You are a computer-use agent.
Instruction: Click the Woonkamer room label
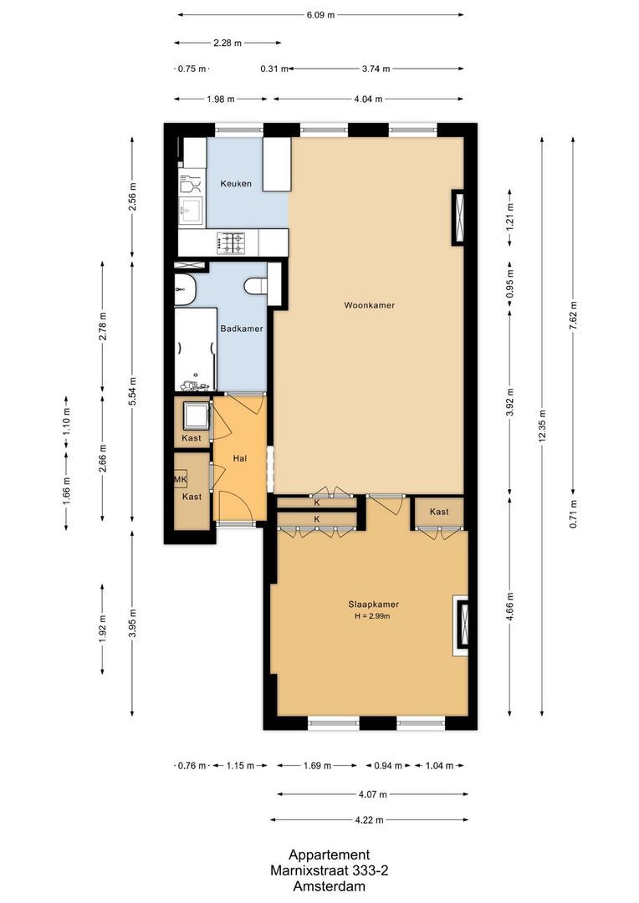369,305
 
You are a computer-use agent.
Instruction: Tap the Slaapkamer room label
373,605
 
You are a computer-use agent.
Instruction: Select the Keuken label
236,183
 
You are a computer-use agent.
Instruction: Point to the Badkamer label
242,329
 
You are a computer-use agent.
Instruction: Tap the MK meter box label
180,479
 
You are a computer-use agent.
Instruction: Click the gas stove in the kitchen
233,243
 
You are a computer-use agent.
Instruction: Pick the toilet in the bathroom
255,287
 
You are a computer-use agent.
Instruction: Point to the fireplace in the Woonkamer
459,217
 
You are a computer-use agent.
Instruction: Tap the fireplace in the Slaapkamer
461,625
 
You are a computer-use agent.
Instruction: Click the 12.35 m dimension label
543,426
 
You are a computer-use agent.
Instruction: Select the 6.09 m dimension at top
320,15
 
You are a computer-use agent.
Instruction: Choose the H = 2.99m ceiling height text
373,617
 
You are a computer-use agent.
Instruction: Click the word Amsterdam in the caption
329,886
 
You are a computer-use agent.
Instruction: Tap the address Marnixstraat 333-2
329,870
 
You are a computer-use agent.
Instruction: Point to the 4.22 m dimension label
369,820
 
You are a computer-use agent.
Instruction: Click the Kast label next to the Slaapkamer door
439,512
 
